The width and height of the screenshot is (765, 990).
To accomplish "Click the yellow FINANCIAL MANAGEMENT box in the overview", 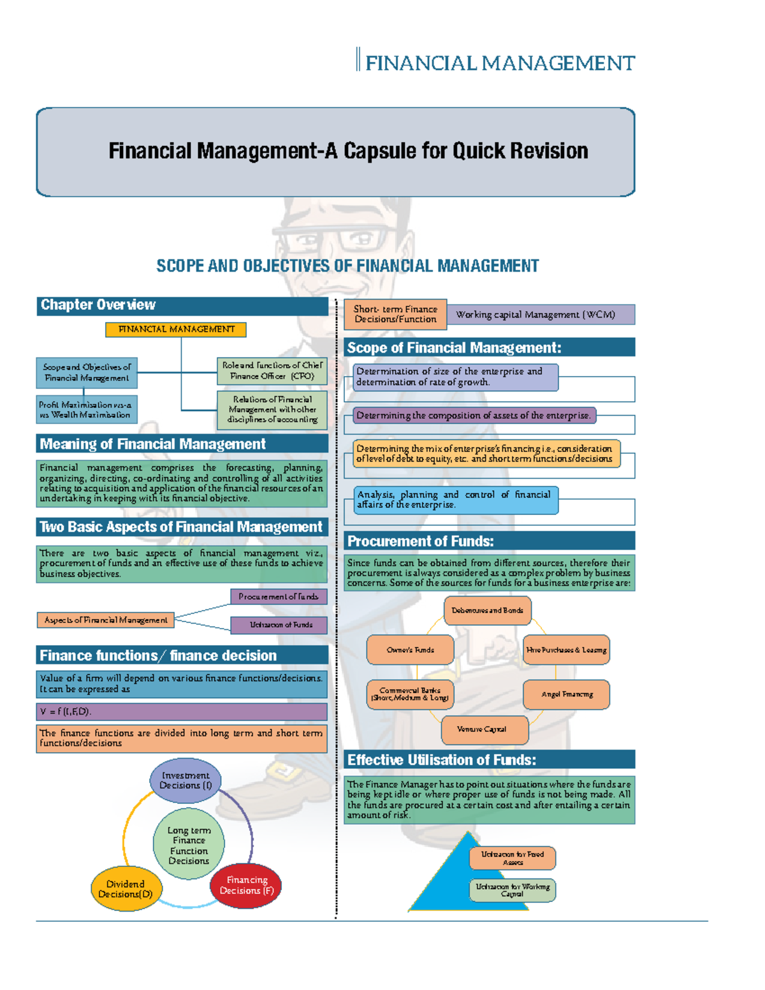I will [x=176, y=330].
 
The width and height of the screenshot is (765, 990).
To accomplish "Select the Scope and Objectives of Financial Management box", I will [x=87, y=372].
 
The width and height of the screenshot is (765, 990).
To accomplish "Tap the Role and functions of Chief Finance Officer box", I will [x=272, y=371].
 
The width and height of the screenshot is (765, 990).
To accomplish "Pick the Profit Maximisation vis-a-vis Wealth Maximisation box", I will [x=86, y=410].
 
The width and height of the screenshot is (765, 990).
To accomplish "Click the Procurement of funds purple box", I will [x=279, y=597].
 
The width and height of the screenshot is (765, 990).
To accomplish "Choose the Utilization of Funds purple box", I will [x=279, y=625].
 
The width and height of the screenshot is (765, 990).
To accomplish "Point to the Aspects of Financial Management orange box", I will [x=106, y=620].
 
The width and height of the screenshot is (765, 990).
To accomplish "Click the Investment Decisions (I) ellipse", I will [x=186, y=781].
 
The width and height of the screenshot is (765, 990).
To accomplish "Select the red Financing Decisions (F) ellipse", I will [x=246, y=885].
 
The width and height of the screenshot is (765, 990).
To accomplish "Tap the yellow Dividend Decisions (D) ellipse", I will [x=126, y=889].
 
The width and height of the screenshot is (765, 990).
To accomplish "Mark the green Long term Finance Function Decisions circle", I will [x=189, y=845].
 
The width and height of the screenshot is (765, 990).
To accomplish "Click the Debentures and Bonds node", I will [x=487, y=611].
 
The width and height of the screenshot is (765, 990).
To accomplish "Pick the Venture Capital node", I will [x=484, y=729].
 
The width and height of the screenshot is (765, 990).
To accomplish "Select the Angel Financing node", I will [x=567, y=694].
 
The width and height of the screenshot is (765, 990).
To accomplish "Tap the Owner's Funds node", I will [x=410, y=650].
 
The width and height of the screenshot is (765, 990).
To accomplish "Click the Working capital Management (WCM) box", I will [x=541, y=314].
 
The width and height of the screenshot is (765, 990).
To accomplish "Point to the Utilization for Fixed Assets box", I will [x=513, y=858].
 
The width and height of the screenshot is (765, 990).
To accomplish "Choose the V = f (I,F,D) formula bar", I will [x=182, y=711].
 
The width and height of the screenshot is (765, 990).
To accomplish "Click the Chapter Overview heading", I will [x=182, y=305].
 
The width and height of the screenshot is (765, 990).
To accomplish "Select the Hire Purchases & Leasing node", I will [x=566, y=650].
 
